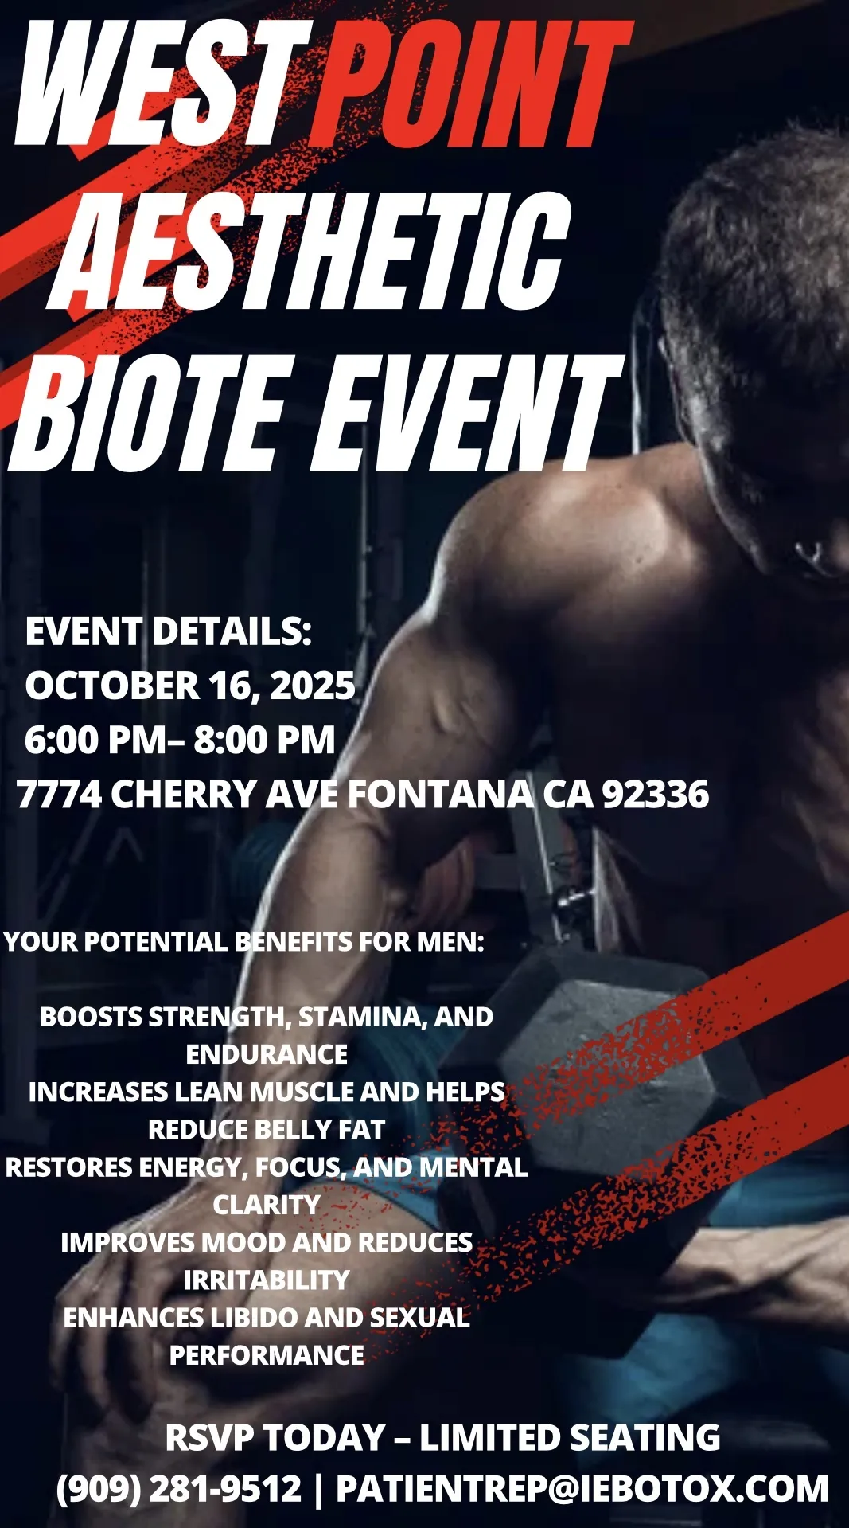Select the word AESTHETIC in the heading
(x=310, y=251)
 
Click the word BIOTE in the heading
(x=147, y=412)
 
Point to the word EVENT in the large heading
(x=465, y=412)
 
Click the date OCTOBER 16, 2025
(x=190, y=686)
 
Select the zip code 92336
(x=655, y=794)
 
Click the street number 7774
(x=59, y=794)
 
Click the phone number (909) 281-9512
(x=179, y=1488)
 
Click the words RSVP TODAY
(x=275, y=1437)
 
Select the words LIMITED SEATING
(x=570, y=1437)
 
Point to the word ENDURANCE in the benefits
(x=267, y=1054)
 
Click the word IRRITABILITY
(x=267, y=1280)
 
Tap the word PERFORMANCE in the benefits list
(x=267, y=1354)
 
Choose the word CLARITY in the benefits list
(x=267, y=1204)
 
